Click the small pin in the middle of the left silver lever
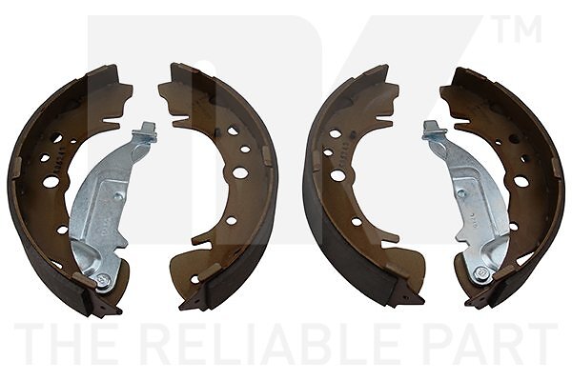coord(118,196)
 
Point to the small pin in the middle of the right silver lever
coord(461,193)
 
